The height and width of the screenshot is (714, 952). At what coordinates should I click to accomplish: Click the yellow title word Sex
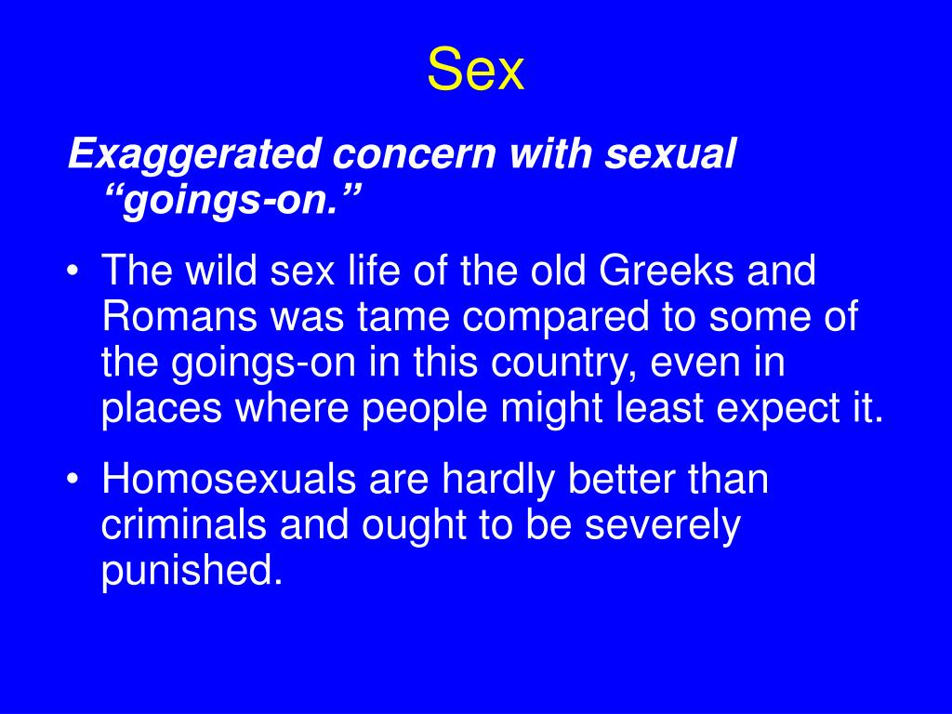tap(475, 69)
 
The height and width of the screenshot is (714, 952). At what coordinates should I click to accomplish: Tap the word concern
tap(415, 153)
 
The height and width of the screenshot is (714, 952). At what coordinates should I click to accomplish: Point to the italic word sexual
tap(669, 153)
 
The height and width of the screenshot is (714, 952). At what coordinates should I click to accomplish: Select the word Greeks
tap(666, 270)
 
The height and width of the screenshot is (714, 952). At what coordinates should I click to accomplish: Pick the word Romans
tap(179, 316)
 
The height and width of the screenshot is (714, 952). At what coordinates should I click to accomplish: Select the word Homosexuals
tap(229, 479)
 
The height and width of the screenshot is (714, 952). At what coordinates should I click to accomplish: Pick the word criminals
tap(183, 524)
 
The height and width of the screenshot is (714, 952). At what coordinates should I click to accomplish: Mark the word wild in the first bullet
tap(221, 270)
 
